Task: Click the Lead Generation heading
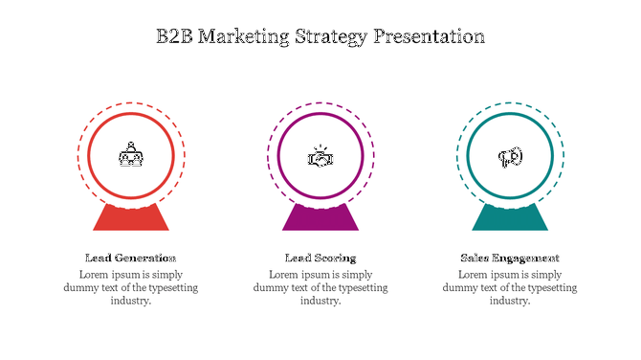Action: (130, 258)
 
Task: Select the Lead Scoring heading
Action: (320, 258)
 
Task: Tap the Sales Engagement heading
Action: (510, 258)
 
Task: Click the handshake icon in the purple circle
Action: (320, 157)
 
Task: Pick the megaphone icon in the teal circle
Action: (510, 157)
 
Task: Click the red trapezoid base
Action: (130, 219)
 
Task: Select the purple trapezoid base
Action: (320, 219)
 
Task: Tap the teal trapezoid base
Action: (510, 219)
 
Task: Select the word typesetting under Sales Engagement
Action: (548, 287)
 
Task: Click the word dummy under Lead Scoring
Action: (274, 287)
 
